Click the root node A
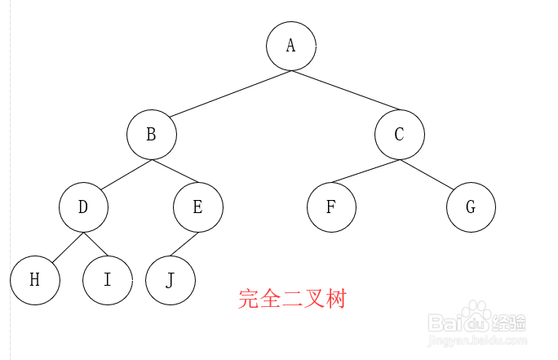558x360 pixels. pos(290,46)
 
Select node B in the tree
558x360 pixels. pos(152,135)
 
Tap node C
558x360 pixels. pos(400,135)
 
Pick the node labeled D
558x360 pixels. pos(83,207)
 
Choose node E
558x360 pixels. pos(197,207)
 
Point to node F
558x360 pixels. pos(331,207)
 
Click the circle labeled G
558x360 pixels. pos(471,207)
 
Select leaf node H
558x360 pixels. pos(35,280)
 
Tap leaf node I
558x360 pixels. pos(107,280)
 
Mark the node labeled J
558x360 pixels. pos(170,280)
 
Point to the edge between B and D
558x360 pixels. pos(123,176)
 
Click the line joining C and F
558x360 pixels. pos(365,171)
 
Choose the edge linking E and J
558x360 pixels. pos(184,244)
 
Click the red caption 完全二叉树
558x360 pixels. pos(292,299)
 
